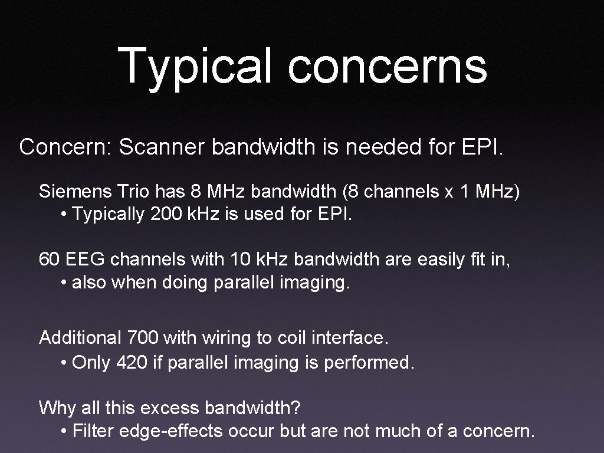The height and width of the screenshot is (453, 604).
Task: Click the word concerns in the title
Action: (x=387, y=66)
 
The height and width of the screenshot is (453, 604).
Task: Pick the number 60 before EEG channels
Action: (x=50, y=259)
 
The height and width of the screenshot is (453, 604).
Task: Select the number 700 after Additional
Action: (x=142, y=338)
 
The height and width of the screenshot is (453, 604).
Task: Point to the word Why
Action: (x=58, y=407)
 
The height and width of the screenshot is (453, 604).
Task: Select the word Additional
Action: (x=80, y=338)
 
